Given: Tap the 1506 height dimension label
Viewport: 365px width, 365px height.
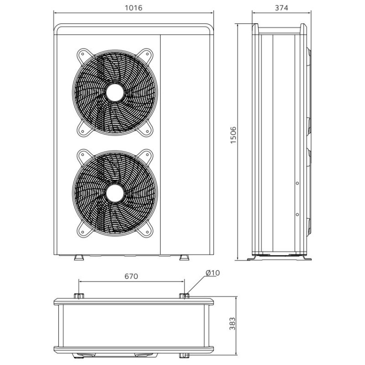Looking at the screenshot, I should click(233, 136).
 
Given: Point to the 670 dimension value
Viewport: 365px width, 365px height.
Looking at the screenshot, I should click(131, 276).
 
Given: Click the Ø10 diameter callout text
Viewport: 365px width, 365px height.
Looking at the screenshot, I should click(213, 273).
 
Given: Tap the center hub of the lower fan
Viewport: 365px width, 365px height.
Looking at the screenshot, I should click(113, 192).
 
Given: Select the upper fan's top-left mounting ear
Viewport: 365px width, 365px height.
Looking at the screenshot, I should click(83, 53).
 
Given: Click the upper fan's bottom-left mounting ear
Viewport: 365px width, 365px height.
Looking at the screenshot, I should click(83, 130).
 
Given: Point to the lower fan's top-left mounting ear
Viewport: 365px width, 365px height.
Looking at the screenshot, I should click(83, 154).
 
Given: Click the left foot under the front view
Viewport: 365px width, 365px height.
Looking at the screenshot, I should click(78, 258).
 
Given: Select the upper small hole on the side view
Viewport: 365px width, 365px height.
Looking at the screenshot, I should click(297, 183).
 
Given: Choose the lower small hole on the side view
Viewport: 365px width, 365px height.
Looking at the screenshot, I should click(297, 214).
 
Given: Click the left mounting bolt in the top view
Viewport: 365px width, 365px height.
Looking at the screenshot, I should click(78, 296).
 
